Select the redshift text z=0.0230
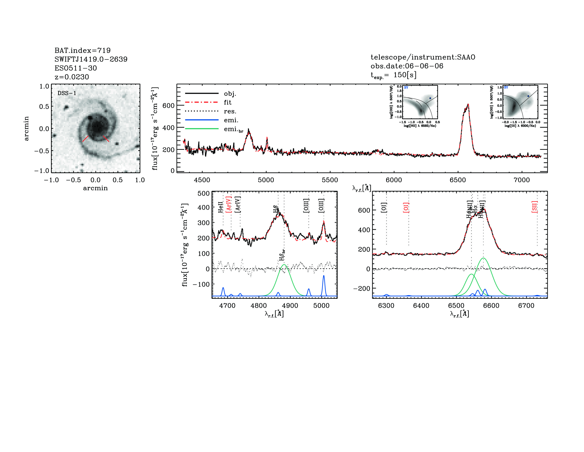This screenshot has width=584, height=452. click(72, 77)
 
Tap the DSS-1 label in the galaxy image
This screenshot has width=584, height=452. click(67, 93)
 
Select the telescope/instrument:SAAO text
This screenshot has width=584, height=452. click(423, 57)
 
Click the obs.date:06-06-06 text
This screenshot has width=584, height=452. click(407, 66)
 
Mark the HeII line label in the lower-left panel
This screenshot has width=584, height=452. click(220, 207)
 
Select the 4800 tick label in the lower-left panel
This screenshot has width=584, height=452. click(259, 306)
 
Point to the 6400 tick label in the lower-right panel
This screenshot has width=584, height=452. click(421, 306)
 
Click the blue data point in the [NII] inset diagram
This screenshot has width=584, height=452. click(430, 98)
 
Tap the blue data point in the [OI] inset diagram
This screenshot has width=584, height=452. click(528, 96)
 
